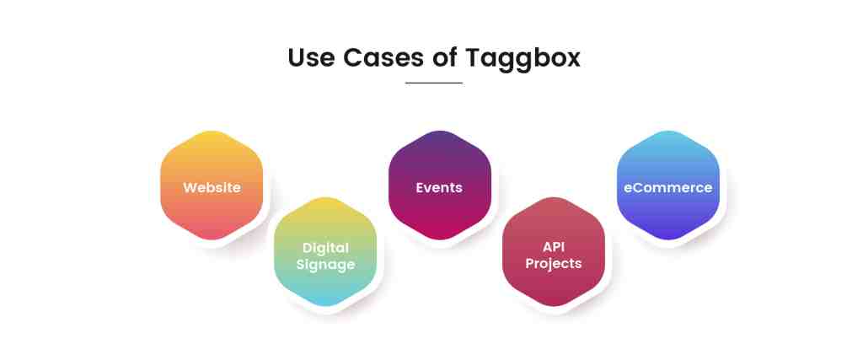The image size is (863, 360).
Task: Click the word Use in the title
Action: click(x=311, y=58)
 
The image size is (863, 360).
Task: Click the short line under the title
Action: click(x=433, y=83)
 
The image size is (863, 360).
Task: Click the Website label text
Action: click(x=212, y=187)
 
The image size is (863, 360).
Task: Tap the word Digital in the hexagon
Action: click(x=325, y=247)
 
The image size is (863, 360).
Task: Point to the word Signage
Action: click(x=325, y=264)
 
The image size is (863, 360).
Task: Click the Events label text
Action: click(x=439, y=187)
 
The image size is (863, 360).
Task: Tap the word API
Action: click(x=554, y=247)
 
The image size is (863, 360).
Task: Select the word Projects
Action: click(x=554, y=264)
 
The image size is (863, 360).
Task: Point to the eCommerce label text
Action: click(x=667, y=187)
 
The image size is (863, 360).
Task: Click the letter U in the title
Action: click(x=297, y=58)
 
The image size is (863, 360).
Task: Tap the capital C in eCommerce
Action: click(x=635, y=187)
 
